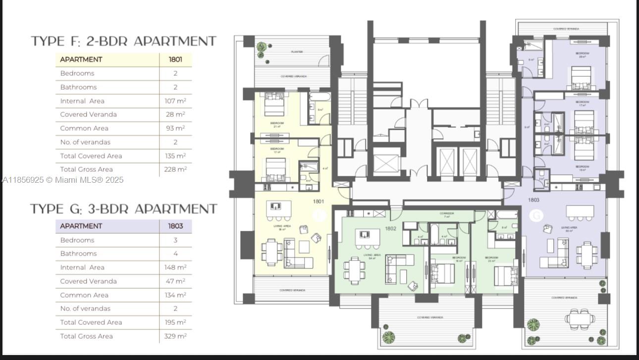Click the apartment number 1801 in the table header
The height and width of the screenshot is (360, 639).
pos(175,59)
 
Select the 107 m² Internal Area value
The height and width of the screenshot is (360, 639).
pos(175,101)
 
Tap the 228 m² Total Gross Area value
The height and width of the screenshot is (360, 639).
pos(175,169)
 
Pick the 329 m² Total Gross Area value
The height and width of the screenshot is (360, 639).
pos(175,336)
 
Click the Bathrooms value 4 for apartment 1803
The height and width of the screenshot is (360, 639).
pos(175,254)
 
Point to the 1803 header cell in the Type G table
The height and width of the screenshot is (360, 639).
pos(175,226)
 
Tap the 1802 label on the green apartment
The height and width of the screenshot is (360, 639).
pos(391,228)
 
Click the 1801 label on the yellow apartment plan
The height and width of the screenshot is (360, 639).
pos(319,202)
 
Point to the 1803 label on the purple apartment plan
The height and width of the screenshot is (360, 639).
pos(533,200)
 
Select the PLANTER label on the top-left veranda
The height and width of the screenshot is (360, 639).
pos(297,51)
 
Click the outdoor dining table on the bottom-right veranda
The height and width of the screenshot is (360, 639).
pos(575,318)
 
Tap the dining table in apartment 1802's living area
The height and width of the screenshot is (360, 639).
pos(355,270)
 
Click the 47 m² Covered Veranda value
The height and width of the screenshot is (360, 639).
pos(175,281)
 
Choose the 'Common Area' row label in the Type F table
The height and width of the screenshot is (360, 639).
pos(84,128)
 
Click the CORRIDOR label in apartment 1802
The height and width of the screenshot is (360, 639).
pos(446,213)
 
